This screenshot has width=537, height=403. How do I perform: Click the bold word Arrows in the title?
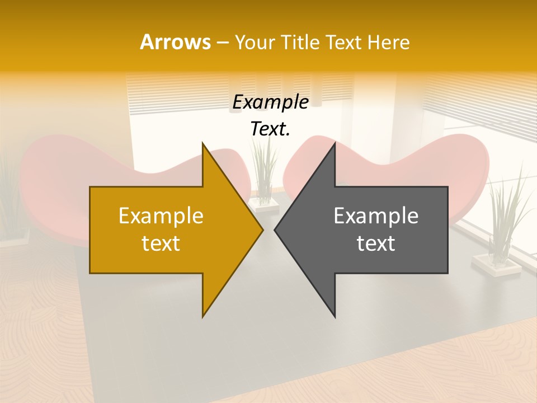[175, 42]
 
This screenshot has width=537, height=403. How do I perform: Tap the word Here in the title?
[388, 42]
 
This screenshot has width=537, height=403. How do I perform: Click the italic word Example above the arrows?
[271, 102]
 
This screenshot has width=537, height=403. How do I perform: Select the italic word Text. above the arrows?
[271, 129]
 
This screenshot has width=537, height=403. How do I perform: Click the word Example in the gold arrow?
[161, 215]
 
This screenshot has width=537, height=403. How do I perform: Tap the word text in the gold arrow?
[161, 243]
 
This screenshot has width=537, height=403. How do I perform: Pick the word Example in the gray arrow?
[376, 215]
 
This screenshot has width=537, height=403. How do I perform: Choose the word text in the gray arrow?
[376, 243]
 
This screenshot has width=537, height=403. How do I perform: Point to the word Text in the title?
[343, 42]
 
